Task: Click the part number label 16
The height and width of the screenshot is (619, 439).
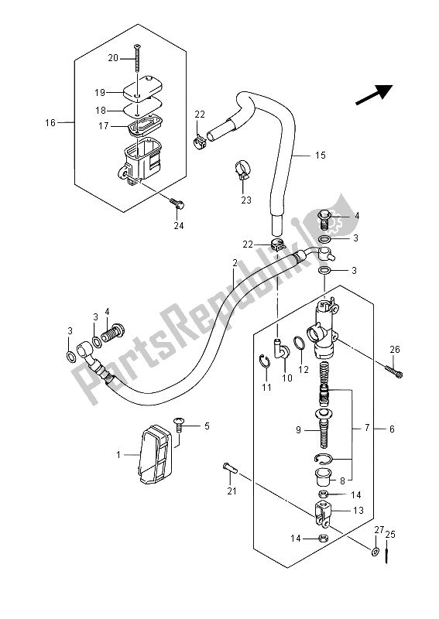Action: tap(50, 122)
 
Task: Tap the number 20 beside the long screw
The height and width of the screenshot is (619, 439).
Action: tap(112, 58)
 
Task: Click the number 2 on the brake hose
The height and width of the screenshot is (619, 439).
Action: tap(234, 264)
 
